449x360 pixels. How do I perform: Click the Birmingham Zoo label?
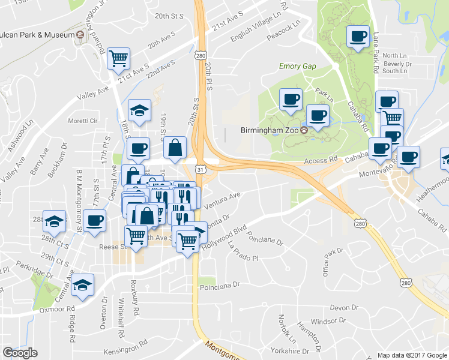pos(270,130)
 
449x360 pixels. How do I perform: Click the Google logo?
pos(20,353)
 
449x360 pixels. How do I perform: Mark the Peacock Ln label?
pos(283,31)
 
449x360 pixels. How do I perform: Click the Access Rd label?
pos(321,160)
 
